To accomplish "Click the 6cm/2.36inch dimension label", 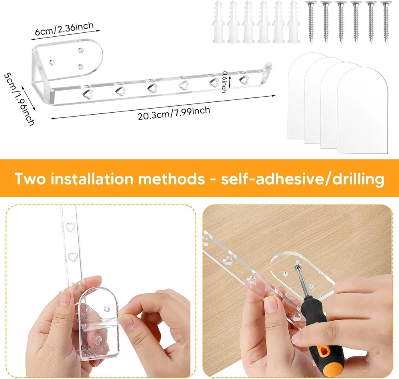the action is pyautogui.click(x=64, y=28).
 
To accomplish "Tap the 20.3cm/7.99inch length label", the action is pyautogui.click(x=174, y=113).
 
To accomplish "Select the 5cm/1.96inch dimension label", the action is pyautogui.click(x=19, y=99).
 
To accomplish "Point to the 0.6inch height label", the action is pyautogui.click(x=224, y=82).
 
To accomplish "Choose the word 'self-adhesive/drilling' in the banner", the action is pyautogui.click(x=303, y=179).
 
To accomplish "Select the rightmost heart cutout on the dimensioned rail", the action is pyautogui.click(x=244, y=79).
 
